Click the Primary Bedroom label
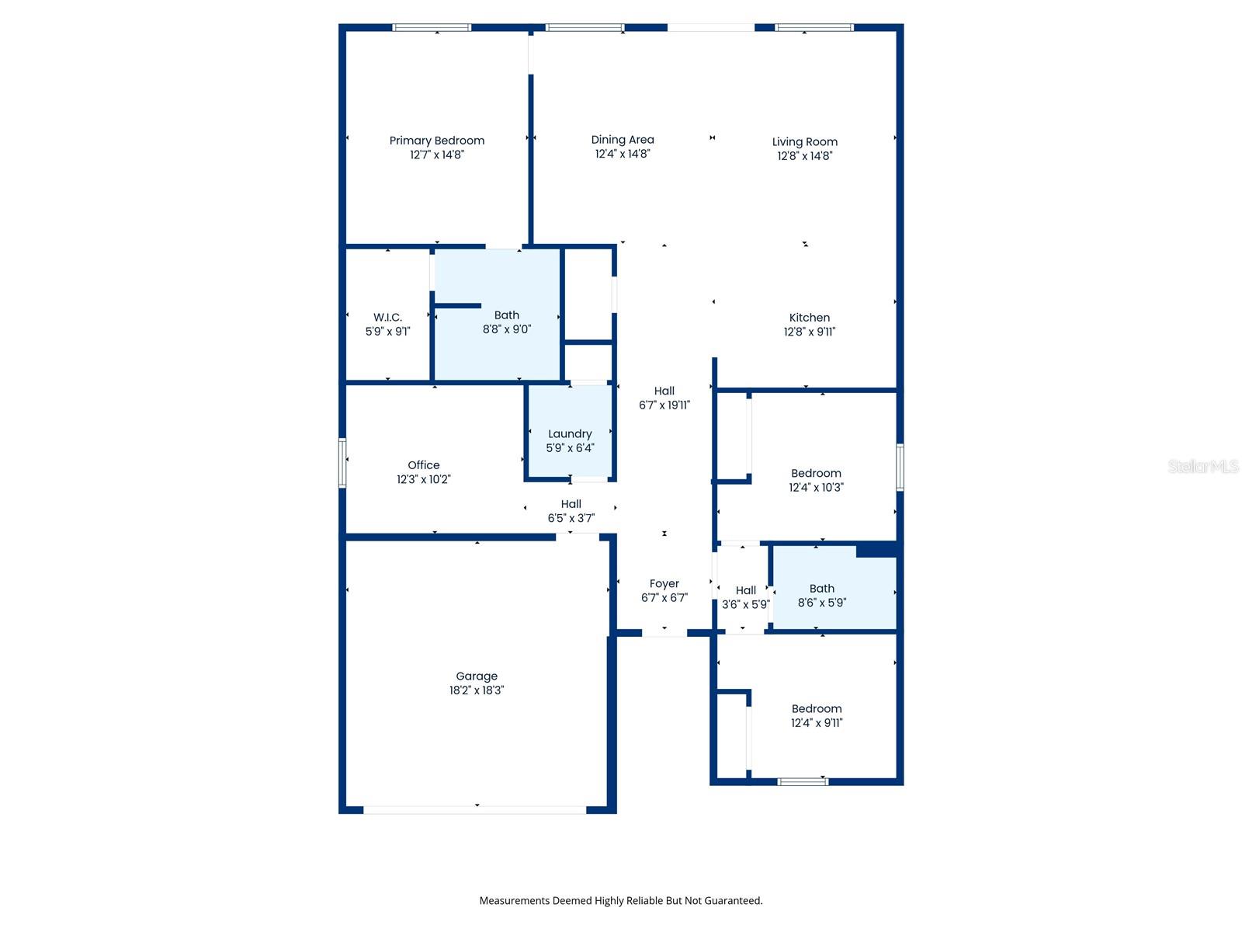(436, 141)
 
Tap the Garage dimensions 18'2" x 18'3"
(477, 690)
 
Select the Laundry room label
(570, 434)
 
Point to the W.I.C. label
(387, 318)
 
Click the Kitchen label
(810, 318)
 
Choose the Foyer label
(664, 584)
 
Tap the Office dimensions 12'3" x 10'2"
(423, 479)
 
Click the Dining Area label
(623, 140)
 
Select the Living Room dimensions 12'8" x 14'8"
(805, 156)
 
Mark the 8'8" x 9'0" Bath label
(506, 322)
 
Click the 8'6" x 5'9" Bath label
(822, 596)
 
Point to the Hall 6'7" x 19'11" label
(664, 398)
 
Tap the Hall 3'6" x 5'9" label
(746, 597)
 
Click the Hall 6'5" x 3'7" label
(571, 511)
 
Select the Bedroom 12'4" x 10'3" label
(816, 480)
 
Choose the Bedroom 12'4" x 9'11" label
(817, 715)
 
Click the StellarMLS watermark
(1203, 466)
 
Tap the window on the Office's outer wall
(342, 463)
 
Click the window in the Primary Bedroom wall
(432, 28)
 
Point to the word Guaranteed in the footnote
(733, 901)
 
